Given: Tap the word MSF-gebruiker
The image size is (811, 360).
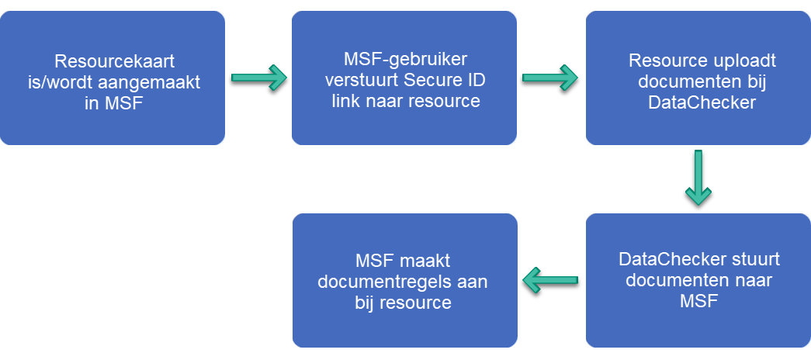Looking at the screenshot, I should point(404,60).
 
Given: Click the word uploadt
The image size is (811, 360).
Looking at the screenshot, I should point(743,60).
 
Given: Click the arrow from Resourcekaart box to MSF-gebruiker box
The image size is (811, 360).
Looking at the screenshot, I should point(258,78).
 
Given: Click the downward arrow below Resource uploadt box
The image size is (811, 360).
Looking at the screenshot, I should point(699,178).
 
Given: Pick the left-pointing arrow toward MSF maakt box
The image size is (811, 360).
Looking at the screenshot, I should point(551,279).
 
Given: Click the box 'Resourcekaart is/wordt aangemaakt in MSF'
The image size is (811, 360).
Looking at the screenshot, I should point(112,124).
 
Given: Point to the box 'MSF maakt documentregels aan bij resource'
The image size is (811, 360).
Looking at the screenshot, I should point(404,326).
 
